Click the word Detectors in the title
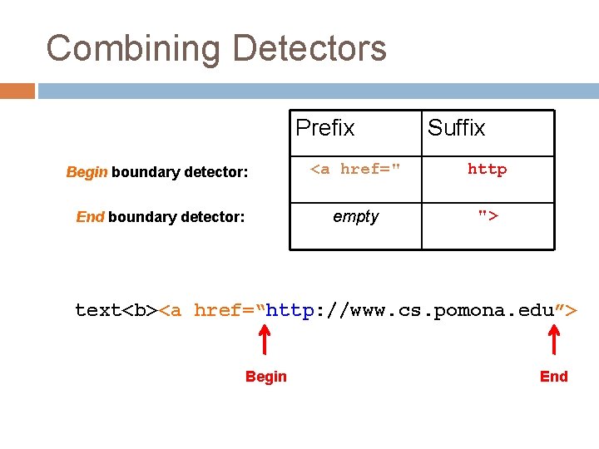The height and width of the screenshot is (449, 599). point(309,48)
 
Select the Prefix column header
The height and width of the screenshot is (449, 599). point(325,128)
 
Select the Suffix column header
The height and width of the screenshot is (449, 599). point(456,128)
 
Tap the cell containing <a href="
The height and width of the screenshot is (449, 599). point(355,170)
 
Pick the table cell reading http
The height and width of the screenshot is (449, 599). point(487,170)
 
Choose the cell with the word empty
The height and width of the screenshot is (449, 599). point(355,217)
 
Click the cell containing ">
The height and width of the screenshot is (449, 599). point(487,217)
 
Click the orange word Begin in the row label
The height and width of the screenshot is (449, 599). point(87,172)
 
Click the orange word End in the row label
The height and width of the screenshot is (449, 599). point(90,217)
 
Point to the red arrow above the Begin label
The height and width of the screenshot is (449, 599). point(265,339)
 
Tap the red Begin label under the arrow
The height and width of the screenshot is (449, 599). point(265,377)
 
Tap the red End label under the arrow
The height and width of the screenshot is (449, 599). point(554,377)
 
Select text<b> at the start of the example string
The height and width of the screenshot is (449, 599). point(116,310)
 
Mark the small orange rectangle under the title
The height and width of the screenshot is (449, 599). point(17,91)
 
